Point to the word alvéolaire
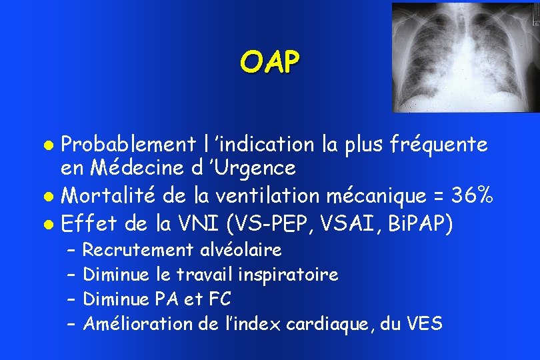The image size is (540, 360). (x=241, y=251)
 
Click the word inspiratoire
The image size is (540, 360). (x=297, y=275)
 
